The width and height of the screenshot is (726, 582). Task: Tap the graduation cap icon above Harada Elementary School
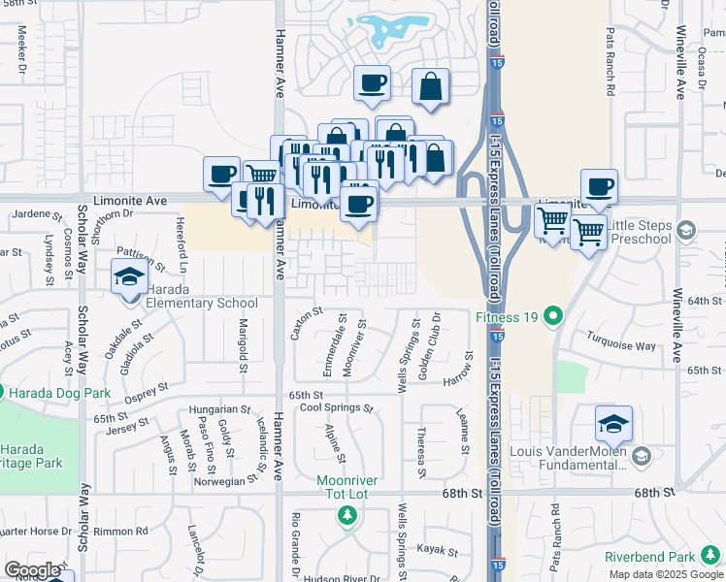[x=128, y=278]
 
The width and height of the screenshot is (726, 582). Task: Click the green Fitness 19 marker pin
[x=553, y=315]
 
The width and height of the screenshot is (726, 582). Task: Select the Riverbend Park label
[x=649, y=557]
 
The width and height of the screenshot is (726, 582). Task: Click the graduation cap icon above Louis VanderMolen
[x=613, y=424]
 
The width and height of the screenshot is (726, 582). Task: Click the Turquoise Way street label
[x=620, y=345]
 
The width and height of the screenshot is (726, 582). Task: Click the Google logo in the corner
[x=32, y=570]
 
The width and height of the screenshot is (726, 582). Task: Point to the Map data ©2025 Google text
[x=665, y=574]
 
